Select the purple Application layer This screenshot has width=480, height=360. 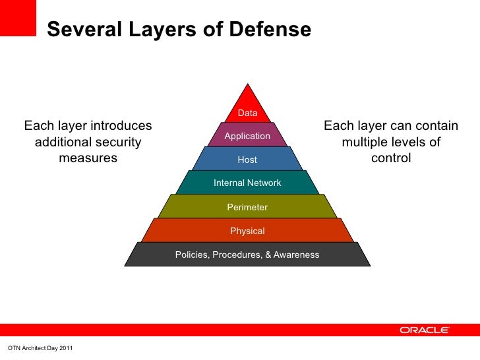tap(247, 136)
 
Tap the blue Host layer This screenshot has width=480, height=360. tap(247, 160)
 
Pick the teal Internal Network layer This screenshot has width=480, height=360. tap(247, 183)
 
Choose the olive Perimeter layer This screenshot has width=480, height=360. tap(247, 207)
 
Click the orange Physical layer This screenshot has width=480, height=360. tap(247, 231)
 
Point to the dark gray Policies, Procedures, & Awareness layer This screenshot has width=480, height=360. tap(247, 255)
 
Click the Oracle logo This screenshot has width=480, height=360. tap(425, 330)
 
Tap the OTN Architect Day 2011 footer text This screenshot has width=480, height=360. tap(39, 347)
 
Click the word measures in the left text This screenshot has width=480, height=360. tap(88, 158)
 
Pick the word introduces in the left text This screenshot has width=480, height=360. tap(120, 125)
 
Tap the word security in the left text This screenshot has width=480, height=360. tap(113, 142)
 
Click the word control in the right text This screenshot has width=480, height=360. tap(391, 158)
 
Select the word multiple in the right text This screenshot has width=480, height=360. tap(365, 142)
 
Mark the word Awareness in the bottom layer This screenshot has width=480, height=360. tap(296, 255)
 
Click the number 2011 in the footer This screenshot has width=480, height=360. tap(64, 347)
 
